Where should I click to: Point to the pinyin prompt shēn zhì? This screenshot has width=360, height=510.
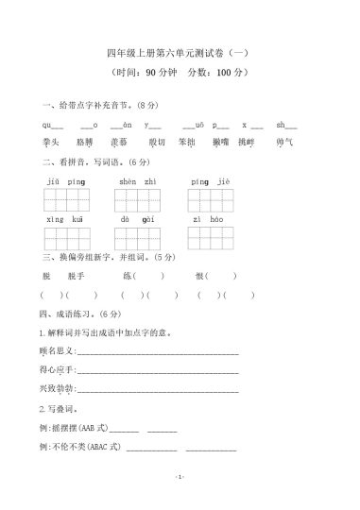tap(138, 180)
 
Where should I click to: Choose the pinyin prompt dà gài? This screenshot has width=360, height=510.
tap(138, 219)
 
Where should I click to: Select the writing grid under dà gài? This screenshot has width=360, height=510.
tap(138, 237)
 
